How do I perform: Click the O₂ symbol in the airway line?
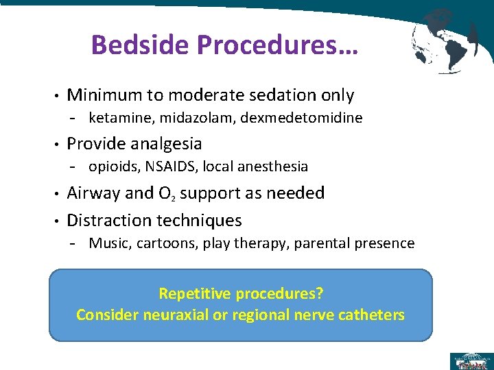(167, 194)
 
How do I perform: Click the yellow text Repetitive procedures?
(241, 294)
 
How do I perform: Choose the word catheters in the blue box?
(372, 315)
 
